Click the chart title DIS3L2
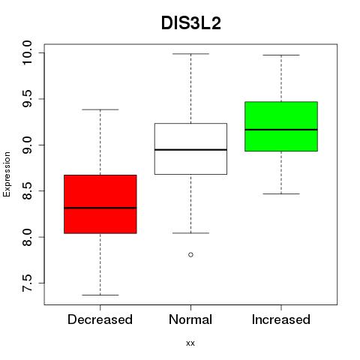click(191, 23)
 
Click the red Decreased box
click(100, 204)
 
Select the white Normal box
click(190, 148)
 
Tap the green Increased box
click(281, 126)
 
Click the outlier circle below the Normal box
click(190, 255)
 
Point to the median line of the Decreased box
click(100, 208)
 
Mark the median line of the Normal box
click(190, 150)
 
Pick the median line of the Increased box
click(281, 130)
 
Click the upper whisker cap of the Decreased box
click(100, 109)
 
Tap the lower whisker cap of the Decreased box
click(100, 295)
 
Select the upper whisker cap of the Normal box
click(190, 54)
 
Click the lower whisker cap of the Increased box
click(281, 193)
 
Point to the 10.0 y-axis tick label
click(27, 53)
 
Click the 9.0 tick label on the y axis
click(27, 145)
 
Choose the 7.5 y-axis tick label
click(27, 283)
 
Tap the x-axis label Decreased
click(100, 319)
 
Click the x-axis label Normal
click(190, 319)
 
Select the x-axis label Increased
click(281, 319)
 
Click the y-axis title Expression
click(7, 175)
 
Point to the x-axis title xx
click(190, 343)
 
